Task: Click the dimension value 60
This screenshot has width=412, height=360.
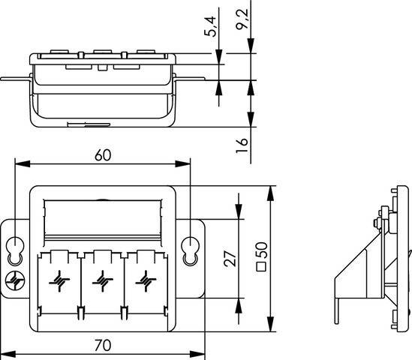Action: tap(104, 154)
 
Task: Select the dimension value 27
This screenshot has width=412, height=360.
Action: tap(232, 259)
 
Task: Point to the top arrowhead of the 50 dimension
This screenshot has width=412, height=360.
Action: tap(271, 188)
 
